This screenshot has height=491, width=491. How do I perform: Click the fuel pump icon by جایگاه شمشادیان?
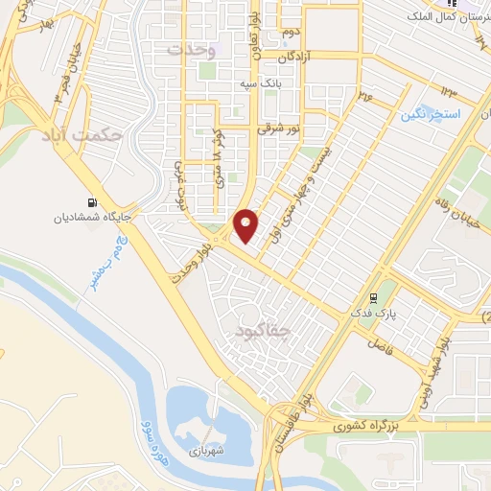pos(92,202)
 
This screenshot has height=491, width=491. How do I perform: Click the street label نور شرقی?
pos(279,127)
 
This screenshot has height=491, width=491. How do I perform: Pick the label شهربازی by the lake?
pos(204,448)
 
